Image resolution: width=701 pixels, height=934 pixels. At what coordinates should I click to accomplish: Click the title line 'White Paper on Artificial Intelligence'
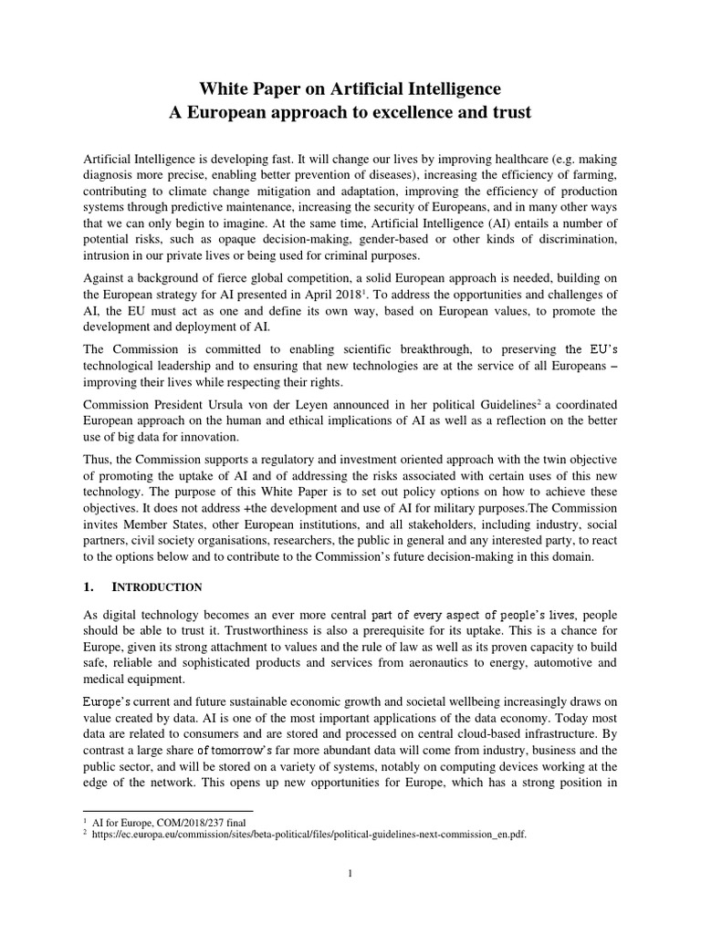(x=350, y=89)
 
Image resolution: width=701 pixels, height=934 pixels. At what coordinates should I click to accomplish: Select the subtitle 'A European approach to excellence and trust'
(x=350, y=113)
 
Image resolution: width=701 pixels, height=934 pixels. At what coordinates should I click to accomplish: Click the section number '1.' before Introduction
(x=90, y=586)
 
